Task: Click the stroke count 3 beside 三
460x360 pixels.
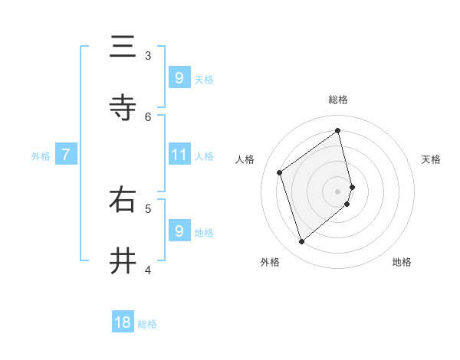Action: (x=148, y=55)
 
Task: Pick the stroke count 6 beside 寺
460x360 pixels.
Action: (x=148, y=116)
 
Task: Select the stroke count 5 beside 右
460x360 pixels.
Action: (x=148, y=208)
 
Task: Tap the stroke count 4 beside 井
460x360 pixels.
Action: (x=148, y=269)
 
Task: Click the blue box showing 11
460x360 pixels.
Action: (x=179, y=155)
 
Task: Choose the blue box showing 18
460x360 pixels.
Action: (x=123, y=322)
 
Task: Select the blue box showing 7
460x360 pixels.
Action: (x=66, y=155)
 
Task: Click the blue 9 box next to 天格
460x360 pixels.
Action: (x=179, y=78)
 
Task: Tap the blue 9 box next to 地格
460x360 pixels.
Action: (x=179, y=231)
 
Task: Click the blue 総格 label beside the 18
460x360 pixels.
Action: (x=147, y=324)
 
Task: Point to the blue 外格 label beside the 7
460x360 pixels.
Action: (x=41, y=156)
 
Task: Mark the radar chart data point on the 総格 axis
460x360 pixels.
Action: (x=338, y=130)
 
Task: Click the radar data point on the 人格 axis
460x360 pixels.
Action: (x=280, y=172)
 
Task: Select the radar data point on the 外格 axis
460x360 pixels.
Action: (x=301, y=242)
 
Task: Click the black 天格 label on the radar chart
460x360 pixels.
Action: (x=431, y=159)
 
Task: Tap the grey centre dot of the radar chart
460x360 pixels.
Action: (x=338, y=191)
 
